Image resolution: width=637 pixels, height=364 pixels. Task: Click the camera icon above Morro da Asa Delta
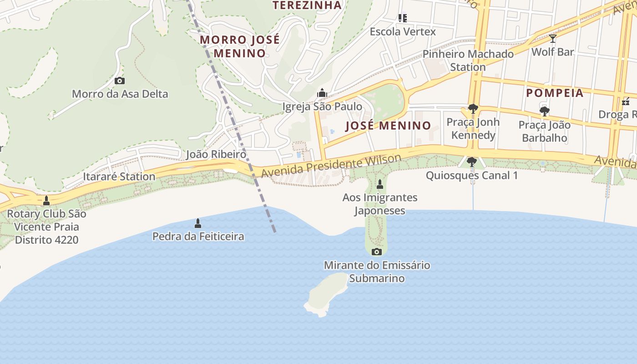(120, 81)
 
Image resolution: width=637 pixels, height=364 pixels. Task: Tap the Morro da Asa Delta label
(120, 94)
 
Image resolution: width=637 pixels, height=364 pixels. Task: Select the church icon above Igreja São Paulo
(322, 93)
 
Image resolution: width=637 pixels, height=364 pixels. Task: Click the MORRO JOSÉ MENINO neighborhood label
(240, 46)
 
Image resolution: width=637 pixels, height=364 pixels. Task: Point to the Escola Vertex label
(403, 32)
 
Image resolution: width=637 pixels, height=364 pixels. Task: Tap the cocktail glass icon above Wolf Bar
(553, 39)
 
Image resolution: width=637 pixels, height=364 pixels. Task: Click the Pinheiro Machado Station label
(468, 61)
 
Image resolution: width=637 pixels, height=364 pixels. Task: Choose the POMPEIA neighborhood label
(555, 93)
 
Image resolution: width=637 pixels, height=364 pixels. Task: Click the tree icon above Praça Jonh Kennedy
(473, 109)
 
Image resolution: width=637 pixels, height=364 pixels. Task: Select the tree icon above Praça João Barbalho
(544, 111)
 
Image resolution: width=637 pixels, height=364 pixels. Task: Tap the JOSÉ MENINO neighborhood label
(388, 126)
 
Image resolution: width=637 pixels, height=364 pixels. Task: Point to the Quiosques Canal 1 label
(472, 175)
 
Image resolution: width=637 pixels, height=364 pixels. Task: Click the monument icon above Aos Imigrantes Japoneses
(380, 184)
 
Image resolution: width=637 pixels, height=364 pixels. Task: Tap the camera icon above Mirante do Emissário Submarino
(377, 252)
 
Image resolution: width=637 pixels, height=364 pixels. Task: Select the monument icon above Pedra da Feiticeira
(198, 223)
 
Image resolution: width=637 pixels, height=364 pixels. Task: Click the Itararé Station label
(119, 177)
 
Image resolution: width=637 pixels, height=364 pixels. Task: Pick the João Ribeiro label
(216, 154)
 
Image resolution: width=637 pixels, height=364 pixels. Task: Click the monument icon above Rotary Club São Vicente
(46, 200)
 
